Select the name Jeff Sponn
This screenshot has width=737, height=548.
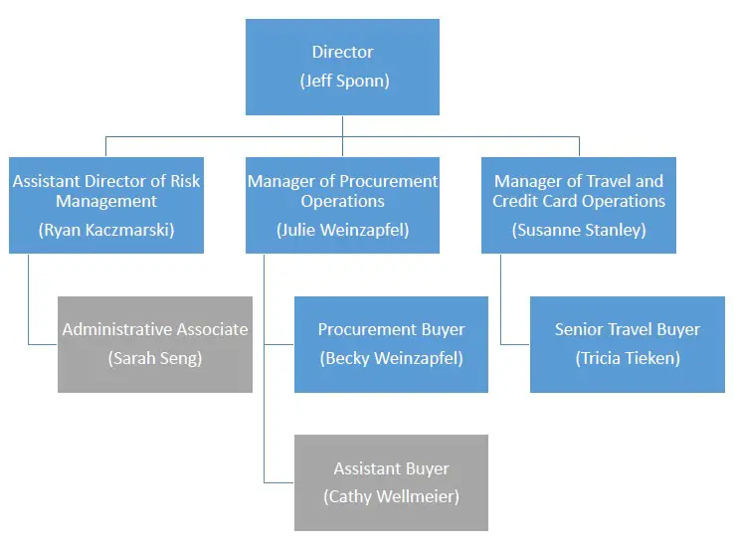pyautogui.click(x=344, y=82)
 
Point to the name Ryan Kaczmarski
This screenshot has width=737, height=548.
pyautogui.click(x=106, y=230)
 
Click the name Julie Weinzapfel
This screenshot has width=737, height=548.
pyautogui.click(x=343, y=230)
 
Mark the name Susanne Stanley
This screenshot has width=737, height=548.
pyautogui.click(x=579, y=230)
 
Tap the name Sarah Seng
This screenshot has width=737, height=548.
pyautogui.click(x=155, y=359)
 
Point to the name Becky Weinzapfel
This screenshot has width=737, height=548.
pyautogui.click(x=391, y=359)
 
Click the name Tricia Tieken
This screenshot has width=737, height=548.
pyautogui.click(x=628, y=359)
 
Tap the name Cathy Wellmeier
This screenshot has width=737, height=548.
pyautogui.click(x=391, y=496)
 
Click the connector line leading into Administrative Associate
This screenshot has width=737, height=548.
pyautogui.click(x=43, y=344)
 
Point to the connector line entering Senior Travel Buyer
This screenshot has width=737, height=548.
pyautogui.click(x=515, y=344)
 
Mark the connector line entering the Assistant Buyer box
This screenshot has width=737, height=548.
pyautogui.click(x=279, y=482)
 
